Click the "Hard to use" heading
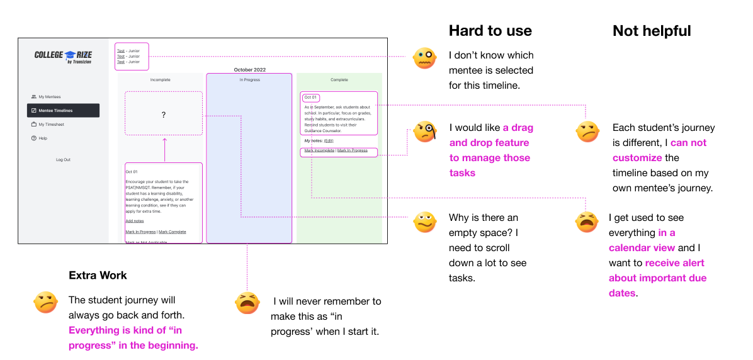[x=490, y=31]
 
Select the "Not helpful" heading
[x=652, y=31]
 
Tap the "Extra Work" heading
[x=98, y=275]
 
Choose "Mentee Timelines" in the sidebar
[x=55, y=111]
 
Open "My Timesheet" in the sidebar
[x=51, y=125]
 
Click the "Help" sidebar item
[x=43, y=138]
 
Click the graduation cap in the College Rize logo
[x=71, y=55]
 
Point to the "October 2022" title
[x=250, y=69]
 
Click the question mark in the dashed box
[x=164, y=115]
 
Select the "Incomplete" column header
[x=160, y=80]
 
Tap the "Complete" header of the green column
[x=339, y=80]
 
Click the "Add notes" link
[x=135, y=221]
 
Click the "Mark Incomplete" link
[x=319, y=150]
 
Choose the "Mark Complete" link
[x=173, y=232]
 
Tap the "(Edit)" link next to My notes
[x=329, y=141]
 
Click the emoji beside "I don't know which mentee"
[x=424, y=59]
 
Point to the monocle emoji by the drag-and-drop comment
[x=424, y=132]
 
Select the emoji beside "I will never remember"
[x=247, y=303]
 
